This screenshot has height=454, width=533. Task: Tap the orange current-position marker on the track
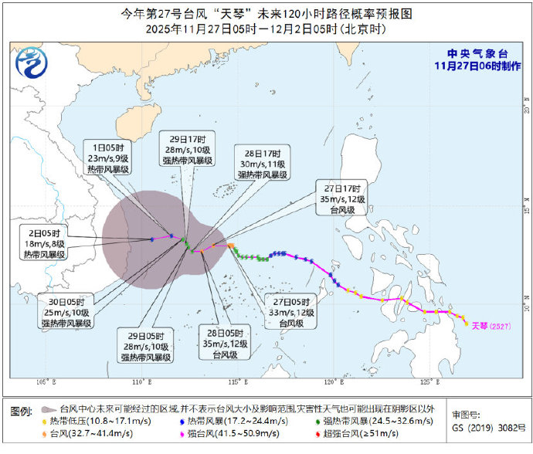point(230,246)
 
